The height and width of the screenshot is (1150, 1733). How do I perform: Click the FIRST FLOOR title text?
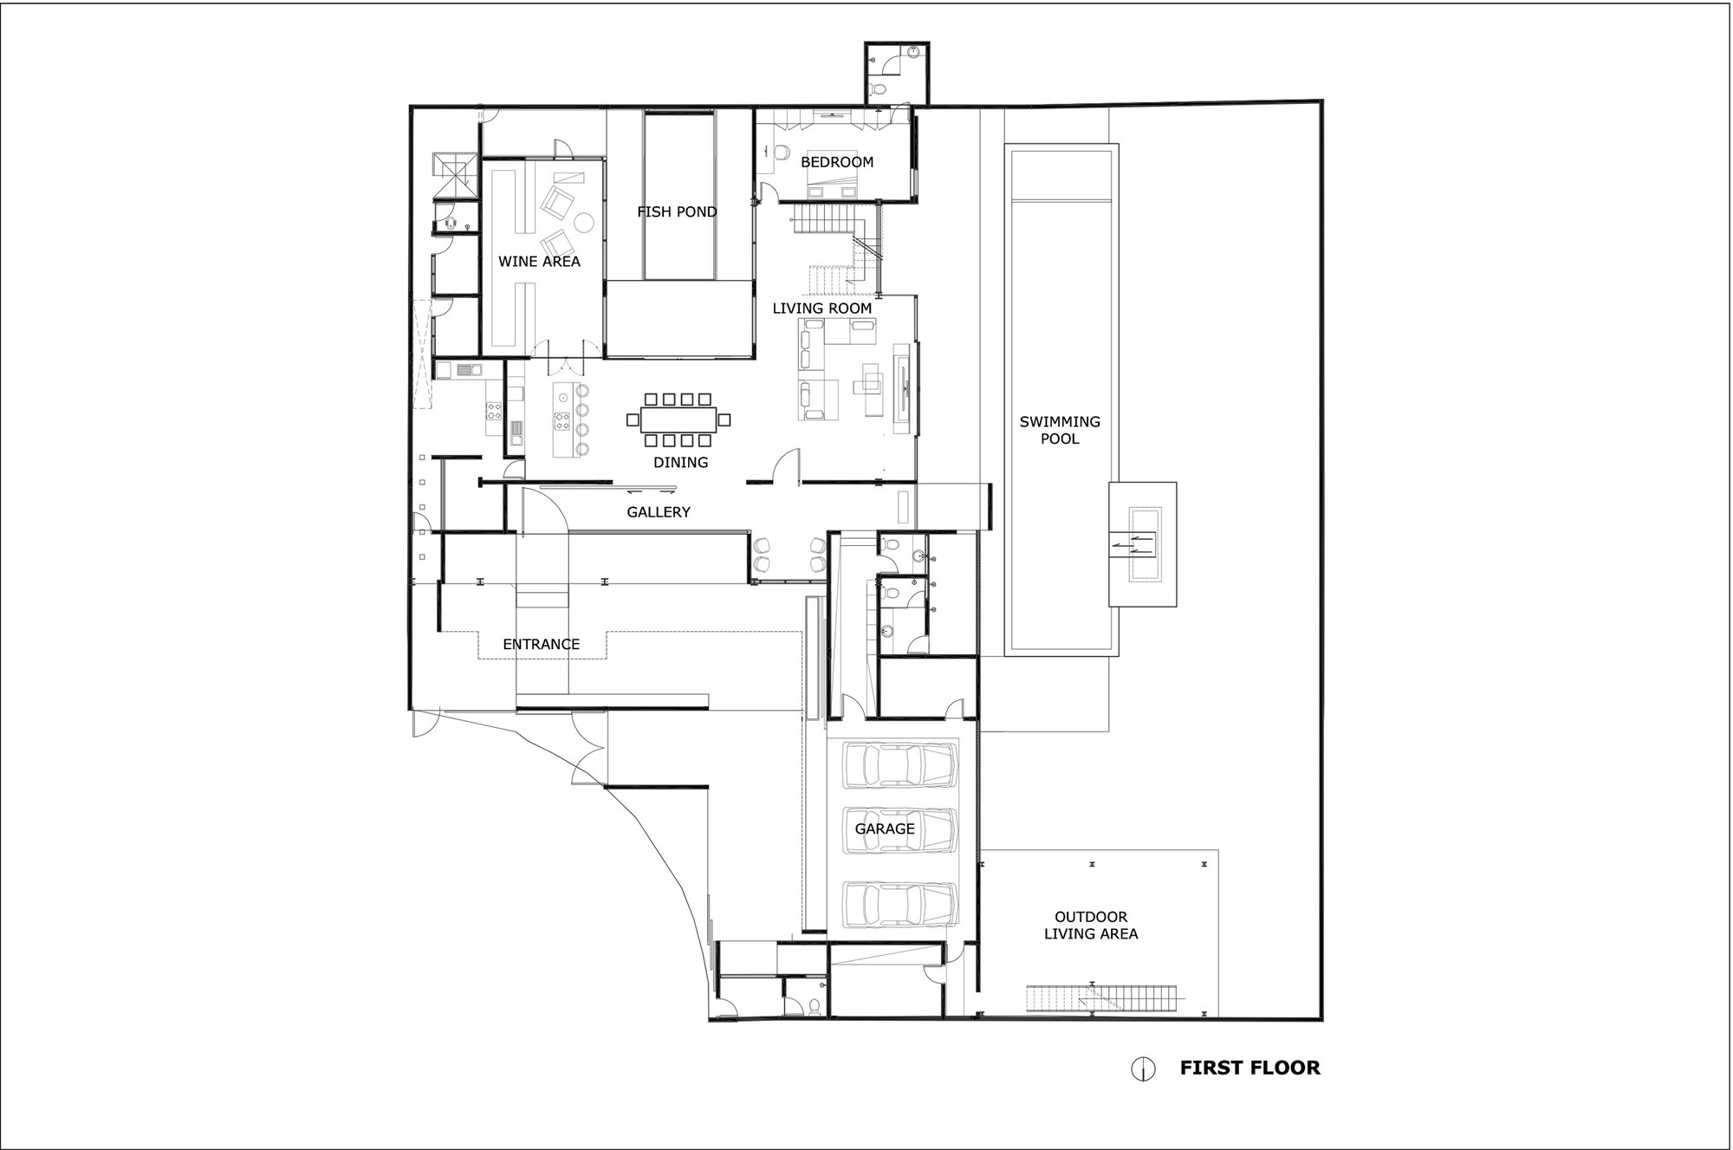coord(1249,1068)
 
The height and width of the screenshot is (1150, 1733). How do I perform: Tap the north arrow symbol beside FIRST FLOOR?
coord(1143,1069)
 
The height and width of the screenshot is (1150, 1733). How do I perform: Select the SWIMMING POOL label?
coord(1060,430)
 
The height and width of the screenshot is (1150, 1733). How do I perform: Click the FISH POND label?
coord(677,211)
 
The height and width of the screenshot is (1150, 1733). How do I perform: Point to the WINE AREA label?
coord(539,261)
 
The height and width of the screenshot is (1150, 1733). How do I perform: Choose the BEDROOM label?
coord(837,162)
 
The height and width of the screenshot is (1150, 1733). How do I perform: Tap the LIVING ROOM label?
coord(822,308)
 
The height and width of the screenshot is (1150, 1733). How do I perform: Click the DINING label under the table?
coord(681,462)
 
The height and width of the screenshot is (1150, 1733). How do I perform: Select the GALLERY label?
coord(659,512)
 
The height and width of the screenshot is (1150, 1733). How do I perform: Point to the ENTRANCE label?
coord(542,644)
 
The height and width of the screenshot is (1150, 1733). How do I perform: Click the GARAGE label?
coord(885,828)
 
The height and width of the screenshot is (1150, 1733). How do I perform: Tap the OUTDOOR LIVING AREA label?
coord(1091,925)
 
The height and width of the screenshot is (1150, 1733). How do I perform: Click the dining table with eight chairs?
coord(679,420)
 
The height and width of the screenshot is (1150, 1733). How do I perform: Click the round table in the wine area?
coord(584,224)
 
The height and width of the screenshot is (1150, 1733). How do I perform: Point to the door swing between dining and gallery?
coord(786,466)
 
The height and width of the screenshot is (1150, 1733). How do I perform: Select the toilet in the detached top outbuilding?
coord(879,90)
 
